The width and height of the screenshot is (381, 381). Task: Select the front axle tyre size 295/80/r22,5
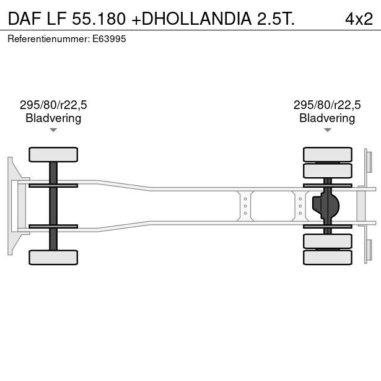click(53, 105)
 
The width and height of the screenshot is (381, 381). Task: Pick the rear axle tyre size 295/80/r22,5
click(327, 105)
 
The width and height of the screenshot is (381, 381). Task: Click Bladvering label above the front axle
click(53, 118)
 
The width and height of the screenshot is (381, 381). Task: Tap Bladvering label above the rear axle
click(327, 118)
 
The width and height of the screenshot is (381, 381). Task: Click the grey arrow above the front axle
click(53, 130)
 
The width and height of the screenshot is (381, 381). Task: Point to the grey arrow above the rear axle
click(327, 130)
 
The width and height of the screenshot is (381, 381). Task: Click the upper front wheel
click(53, 154)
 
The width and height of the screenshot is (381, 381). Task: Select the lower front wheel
click(53, 257)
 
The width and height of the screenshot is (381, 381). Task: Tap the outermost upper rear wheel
click(327, 154)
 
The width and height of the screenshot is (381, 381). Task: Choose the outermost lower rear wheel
click(327, 257)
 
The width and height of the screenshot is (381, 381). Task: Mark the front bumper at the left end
click(11, 206)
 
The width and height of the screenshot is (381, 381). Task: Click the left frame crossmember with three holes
click(245, 205)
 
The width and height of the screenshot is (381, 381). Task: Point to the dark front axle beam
click(53, 206)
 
